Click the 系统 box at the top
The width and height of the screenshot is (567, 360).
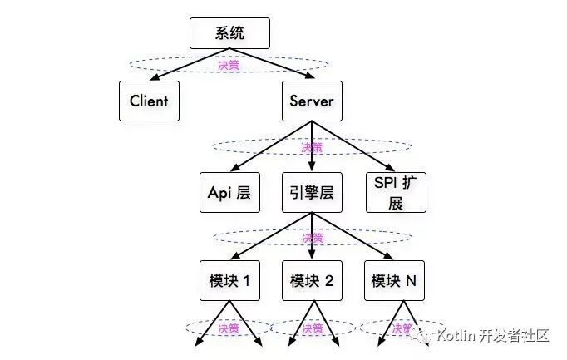coord(229,33)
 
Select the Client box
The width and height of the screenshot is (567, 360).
coord(149,101)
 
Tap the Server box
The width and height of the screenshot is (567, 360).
coord(312,101)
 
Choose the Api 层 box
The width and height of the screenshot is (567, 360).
coord(229,192)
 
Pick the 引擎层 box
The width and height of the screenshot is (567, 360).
coord(312,192)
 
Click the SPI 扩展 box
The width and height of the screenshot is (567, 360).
coord(396,192)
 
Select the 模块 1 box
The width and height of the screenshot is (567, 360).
coord(229,281)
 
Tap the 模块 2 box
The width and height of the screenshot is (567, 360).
coord(312,281)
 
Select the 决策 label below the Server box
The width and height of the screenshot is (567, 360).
coord(312,147)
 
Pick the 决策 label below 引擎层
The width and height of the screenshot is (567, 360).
coord(312,238)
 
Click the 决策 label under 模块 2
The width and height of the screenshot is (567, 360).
coord(312,329)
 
